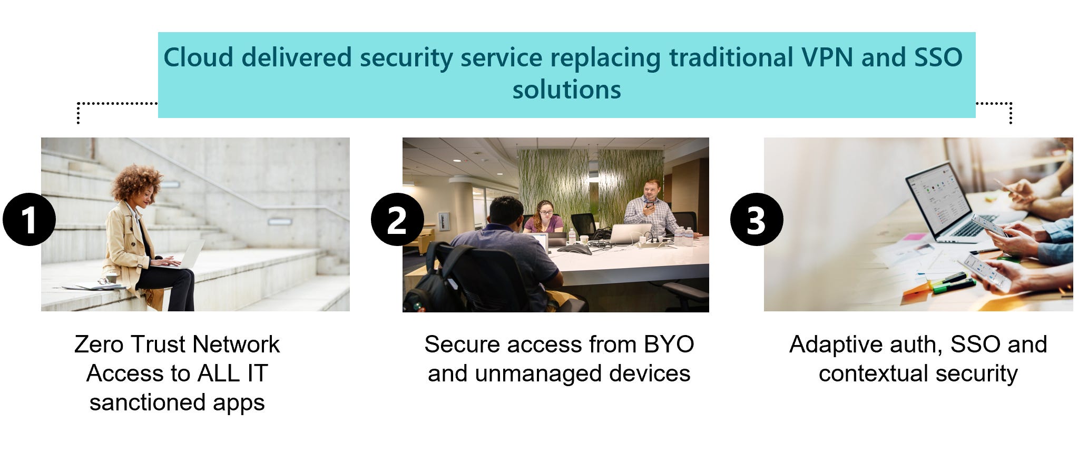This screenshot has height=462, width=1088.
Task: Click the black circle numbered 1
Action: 29,220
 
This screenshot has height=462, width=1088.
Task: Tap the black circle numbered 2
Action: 397,220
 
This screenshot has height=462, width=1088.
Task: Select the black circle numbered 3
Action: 756,220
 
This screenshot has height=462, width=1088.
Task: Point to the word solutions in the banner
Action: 566,90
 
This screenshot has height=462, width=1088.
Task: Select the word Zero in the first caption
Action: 99,345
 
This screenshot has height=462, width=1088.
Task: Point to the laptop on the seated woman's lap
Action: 190,255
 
